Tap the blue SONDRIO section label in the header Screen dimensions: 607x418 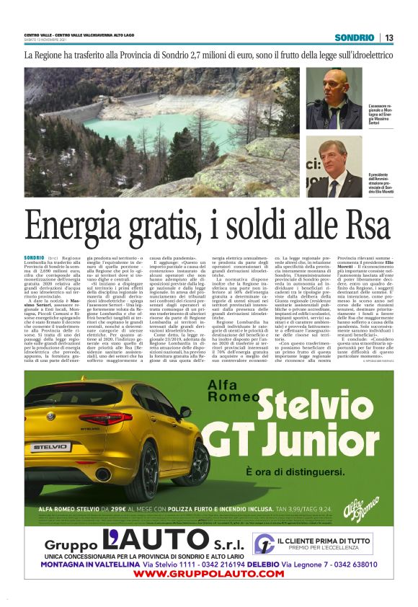click(358, 37)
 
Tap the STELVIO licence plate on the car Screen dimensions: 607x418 click(70, 447)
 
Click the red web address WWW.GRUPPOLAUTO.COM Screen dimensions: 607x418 click(209, 574)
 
